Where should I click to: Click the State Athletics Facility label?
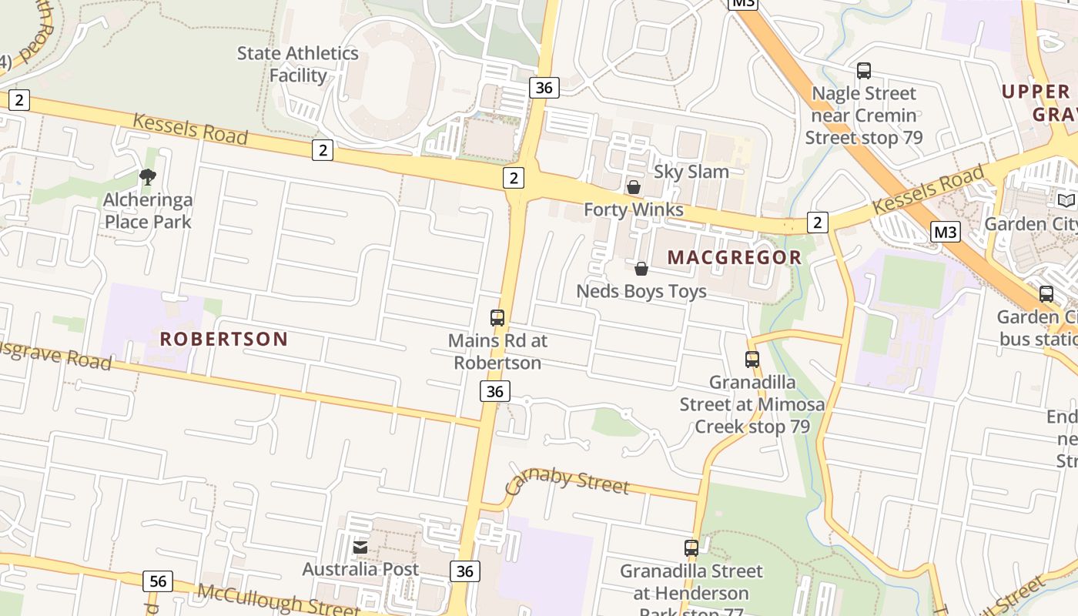click(x=297, y=65)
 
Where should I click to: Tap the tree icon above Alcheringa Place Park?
click(x=148, y=178)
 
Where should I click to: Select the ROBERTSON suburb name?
click(x=223, y=339)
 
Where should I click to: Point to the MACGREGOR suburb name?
click(x=734, y=257)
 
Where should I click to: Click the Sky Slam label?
click(x=691, y=172)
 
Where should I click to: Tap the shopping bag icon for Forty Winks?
click(x=634, y=187)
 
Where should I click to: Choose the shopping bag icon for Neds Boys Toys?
click(x=641, y=269)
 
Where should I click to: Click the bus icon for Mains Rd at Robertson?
click(x=497, y=317)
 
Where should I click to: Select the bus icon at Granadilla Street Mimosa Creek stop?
click(x=752, y=360)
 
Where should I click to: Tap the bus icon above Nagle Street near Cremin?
click(x=864, y=71)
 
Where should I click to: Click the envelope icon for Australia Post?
click(x=360, y=547)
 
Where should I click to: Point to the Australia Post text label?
click(x=360, y=569)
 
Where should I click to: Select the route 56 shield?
click(x=158, y=581)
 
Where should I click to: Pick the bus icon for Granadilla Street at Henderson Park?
click(x=691, y=548)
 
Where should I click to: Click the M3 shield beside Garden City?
click(x=945, y=232)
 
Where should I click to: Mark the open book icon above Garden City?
click(x=1066, y=201)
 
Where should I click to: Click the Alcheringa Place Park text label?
click(x=148, y=211)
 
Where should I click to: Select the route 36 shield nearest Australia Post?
click(x=464, y=571)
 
